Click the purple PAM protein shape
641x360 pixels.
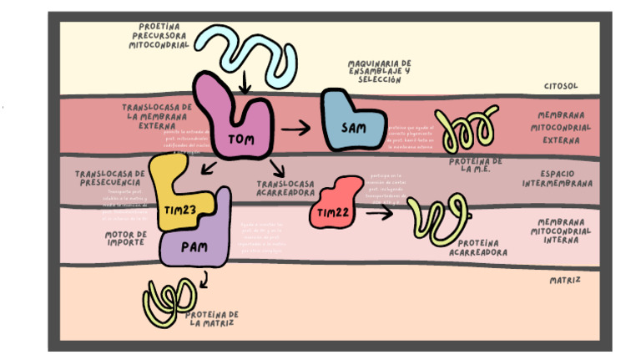point(197,245)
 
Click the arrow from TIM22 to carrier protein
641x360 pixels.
point(380,212)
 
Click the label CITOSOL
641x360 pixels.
point(561,85)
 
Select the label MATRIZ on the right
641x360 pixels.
point(565,280)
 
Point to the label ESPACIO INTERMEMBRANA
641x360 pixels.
point(557,178)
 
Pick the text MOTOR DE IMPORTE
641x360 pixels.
point(126,238)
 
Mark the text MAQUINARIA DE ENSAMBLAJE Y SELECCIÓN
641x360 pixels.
point(380,71)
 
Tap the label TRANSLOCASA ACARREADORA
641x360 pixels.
point(285,187)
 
